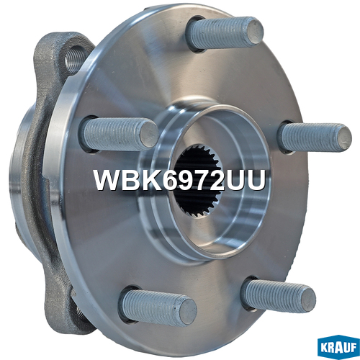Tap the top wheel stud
pyautogui.click(x=225, y=34)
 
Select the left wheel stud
pyautogui.click(x=120, y=133)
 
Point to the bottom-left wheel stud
pyautogui.click(x=158, y=308)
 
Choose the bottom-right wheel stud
pyautogui.click(x=279, y=296)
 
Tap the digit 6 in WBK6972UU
pyautogui.click(x=171, y=180)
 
